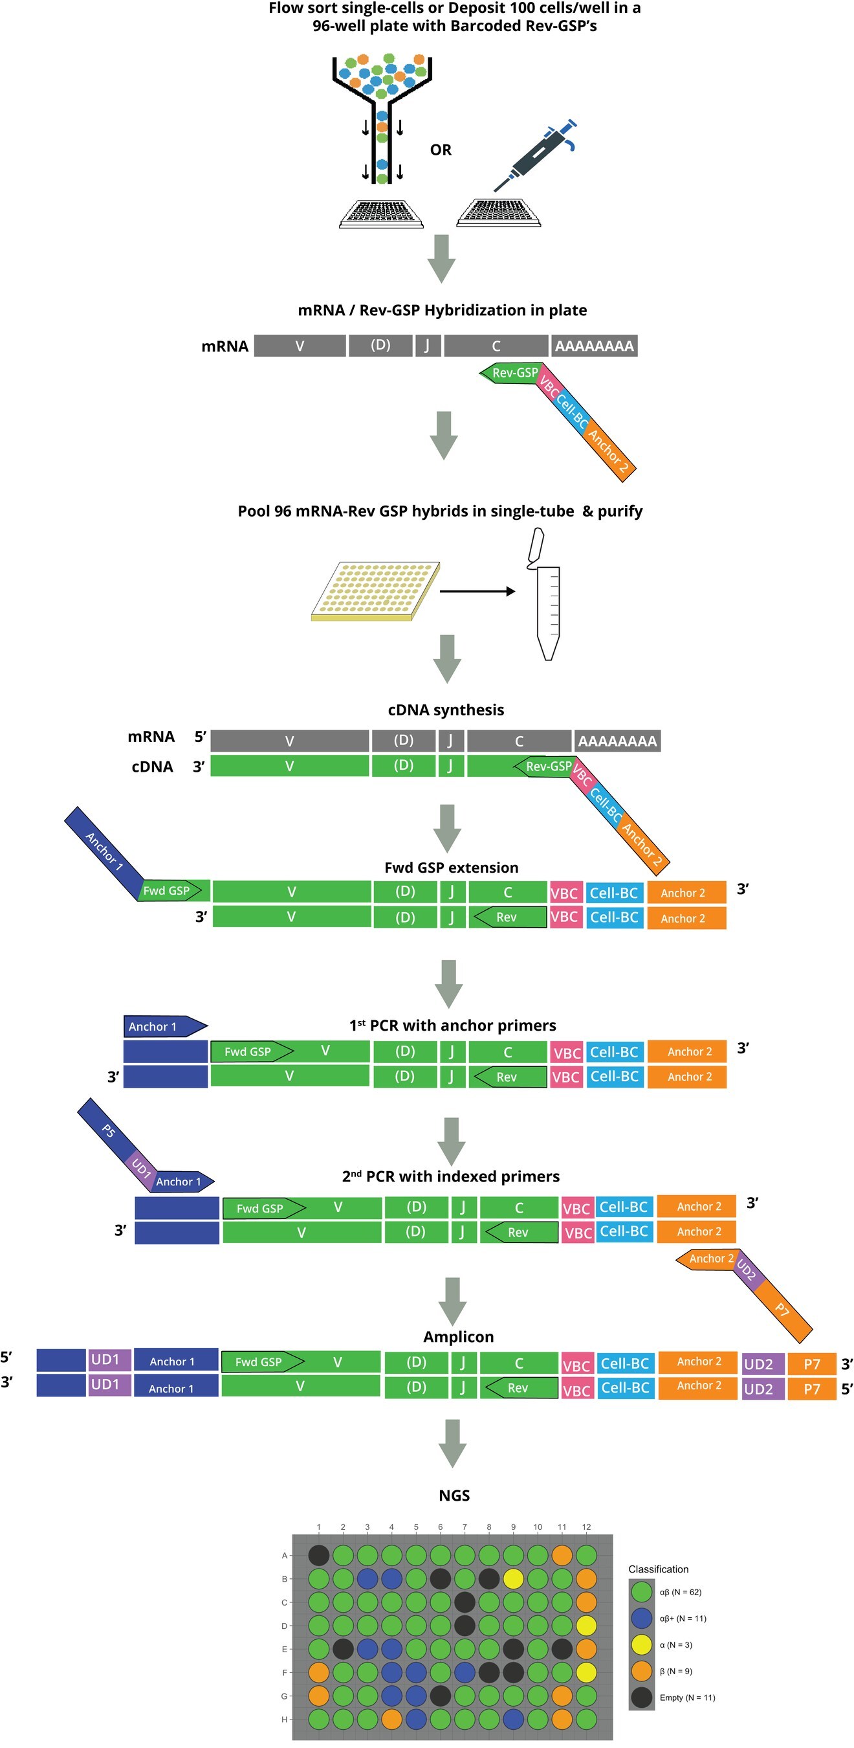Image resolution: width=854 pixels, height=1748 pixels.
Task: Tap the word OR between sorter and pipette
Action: coord(440,150)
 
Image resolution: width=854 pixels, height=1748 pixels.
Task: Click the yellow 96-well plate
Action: coord(375,590)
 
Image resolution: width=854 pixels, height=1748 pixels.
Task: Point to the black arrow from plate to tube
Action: coord(477,591)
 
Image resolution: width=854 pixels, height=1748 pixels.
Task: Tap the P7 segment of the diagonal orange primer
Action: coord(782,1309)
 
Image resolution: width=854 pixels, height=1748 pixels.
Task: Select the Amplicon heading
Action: coord(458,1336)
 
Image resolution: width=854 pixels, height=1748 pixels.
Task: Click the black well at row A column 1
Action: coord(318,1554)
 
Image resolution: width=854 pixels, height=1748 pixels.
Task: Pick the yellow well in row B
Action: coord(513,1578)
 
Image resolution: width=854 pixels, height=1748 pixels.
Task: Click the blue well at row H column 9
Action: coord(513,1719)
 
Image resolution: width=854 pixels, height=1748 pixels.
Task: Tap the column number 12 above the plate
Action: coord(586,1527)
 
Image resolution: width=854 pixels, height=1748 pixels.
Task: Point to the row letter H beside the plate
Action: coord(284,1719)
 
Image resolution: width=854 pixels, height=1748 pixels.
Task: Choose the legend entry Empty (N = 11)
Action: coord(686,1697)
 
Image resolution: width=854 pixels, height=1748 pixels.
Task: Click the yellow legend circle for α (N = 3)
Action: coord(641,1644)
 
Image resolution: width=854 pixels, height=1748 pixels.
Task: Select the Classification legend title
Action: coord(658,1569)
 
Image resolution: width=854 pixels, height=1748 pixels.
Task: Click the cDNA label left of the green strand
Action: coord(152,767)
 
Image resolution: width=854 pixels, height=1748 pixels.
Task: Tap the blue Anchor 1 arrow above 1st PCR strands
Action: coord(165,1026)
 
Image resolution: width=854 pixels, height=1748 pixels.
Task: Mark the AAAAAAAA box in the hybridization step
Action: coord(593,346)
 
